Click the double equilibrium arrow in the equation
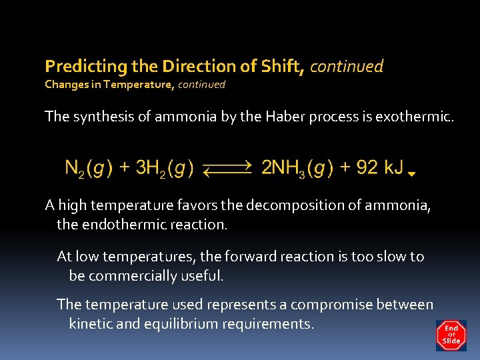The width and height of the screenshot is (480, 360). (227, 169)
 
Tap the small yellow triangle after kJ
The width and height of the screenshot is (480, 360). (411, 174)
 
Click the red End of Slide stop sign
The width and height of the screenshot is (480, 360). (451, 335)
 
